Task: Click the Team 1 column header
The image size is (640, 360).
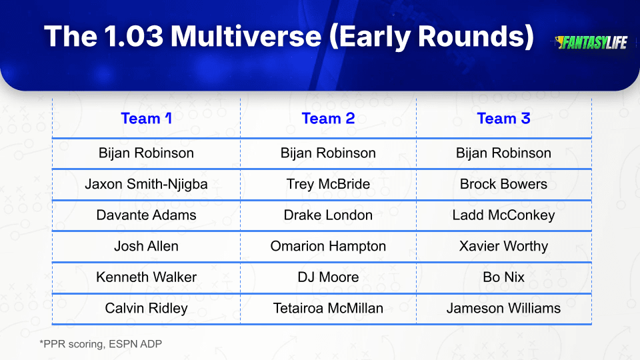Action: (x=146, y=119)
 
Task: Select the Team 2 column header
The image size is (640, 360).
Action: (x=328, y=119)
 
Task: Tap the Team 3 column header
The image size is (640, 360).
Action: (x=504, y=119)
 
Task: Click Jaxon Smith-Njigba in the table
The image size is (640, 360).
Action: (x=146, y=184)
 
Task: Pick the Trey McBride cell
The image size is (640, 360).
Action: (x=328, y=184)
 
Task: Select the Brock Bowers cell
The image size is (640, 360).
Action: (x=504, y=184)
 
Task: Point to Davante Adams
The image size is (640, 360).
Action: (x=146, y=215)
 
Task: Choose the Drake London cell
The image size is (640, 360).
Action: (x=328, y=215)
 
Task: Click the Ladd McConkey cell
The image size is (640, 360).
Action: (x=504, y=215)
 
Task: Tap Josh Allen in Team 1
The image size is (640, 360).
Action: (x=146, y=246)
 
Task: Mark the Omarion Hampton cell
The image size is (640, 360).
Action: (x=328, y=246)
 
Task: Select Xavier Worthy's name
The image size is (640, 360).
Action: (x=504, y=246)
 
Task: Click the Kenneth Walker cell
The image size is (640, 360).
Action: (x=146, y=277)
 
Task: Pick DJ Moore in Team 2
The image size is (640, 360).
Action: (x=328, y=277)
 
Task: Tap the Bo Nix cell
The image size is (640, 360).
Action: (x=504, y=277)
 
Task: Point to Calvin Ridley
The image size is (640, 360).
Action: (x=146, y=308)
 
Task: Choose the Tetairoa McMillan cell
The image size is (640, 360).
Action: (x=328, y=308)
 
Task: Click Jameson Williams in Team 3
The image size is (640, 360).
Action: (x=504, y=308)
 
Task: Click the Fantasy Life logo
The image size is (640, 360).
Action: (x=591, y=43)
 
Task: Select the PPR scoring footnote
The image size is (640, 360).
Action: (x=101, y=344)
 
